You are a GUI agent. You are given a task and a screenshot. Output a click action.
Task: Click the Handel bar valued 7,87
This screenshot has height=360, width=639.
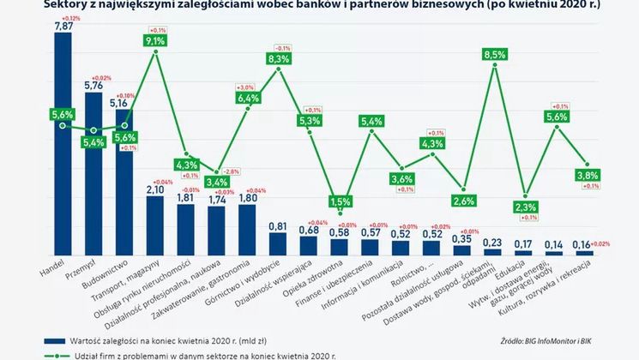[63, 146]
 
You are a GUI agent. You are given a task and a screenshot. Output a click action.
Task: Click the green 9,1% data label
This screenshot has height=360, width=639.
[156, 40]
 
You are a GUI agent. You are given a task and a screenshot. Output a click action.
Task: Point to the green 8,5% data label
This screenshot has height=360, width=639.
[495, 55]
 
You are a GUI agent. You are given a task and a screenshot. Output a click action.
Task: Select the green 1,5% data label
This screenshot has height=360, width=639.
[341, 201]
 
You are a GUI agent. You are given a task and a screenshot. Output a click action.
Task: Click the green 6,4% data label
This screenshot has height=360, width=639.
[249, 99]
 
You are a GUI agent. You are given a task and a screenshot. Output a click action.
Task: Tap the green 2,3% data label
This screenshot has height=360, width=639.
[527, 207]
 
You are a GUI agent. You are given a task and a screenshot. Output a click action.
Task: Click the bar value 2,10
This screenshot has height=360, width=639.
[156, 190]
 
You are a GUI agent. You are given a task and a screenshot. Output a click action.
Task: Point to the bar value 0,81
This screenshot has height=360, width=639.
[279, 226]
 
